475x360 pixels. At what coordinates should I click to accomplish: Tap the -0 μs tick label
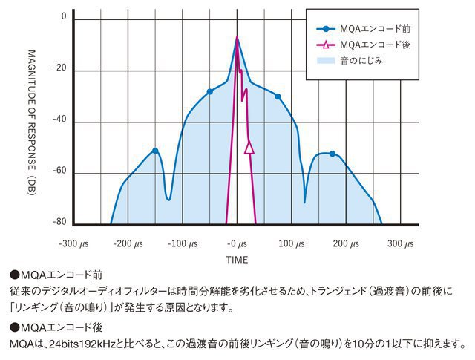coord(237,243)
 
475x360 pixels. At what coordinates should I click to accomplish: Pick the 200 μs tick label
coord(345,243)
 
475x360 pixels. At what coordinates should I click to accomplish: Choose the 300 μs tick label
coord(399,243)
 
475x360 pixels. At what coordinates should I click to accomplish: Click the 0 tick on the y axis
coord(63,16)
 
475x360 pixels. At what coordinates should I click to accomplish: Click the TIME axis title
coord(237,260)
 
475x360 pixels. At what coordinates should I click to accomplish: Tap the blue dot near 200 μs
coord(332,154)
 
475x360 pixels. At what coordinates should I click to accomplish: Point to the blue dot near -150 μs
coord(155,151)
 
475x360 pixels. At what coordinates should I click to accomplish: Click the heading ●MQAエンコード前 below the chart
coord(56,274)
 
